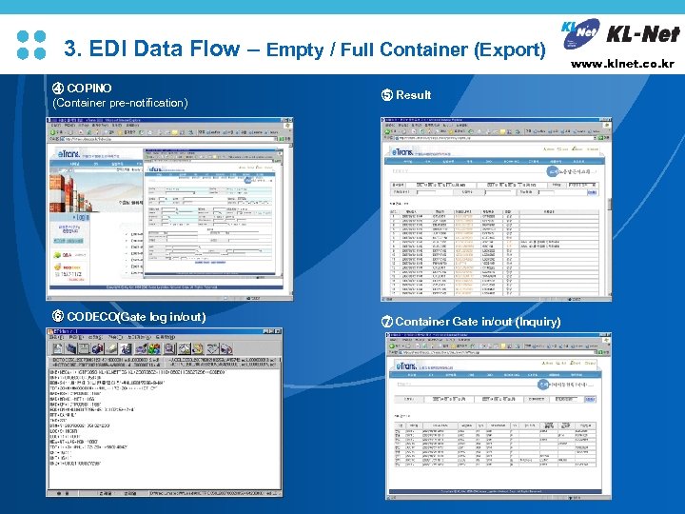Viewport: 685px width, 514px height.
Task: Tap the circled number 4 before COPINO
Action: pos(58,89)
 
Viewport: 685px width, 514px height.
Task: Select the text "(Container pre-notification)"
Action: pos(120,103)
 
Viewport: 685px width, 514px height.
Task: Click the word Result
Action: pos(413,95)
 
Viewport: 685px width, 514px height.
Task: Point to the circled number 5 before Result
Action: pos(386,95)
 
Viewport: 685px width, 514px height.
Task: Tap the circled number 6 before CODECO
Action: pos(58,316)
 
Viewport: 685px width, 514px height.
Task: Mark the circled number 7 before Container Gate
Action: pos(387,322)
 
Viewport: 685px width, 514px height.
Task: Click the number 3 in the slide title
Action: pos(68,49)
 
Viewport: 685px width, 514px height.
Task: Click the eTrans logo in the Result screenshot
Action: pos(404,152)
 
